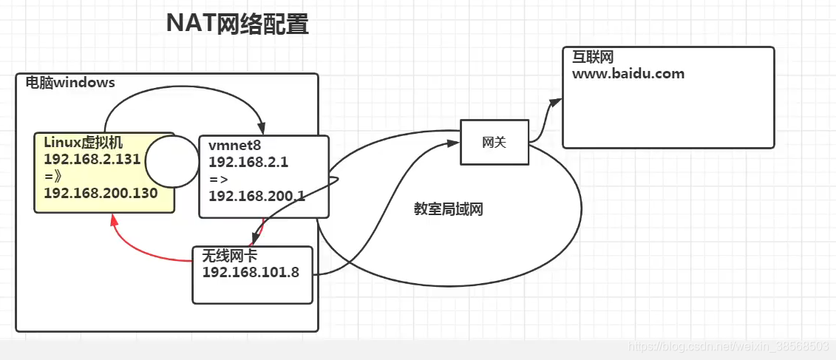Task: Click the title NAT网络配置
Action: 237,24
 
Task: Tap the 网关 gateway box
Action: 494,142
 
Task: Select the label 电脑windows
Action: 70,83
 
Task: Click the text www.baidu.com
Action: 628,74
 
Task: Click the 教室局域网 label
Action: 449,209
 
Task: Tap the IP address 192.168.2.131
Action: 92,160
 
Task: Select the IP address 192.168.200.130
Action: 101,192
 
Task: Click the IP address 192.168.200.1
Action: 257,195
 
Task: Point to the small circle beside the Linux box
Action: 171,160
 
